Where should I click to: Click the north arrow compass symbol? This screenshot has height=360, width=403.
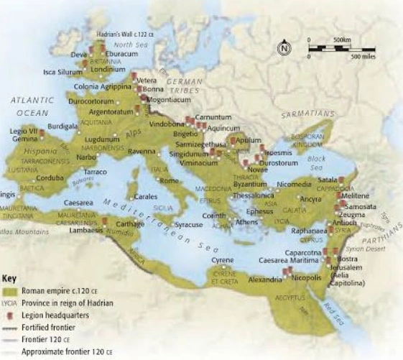(x=284, y=48)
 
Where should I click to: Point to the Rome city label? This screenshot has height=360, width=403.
(x=168, y=181)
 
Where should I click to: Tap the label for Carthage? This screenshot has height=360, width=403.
(x=129, y=223)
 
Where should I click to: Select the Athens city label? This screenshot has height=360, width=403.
(x=246, y=222)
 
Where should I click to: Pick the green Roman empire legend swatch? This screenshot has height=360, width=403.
(x=9, y=291)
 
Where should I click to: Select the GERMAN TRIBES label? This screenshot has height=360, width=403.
(x=185, y=87)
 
